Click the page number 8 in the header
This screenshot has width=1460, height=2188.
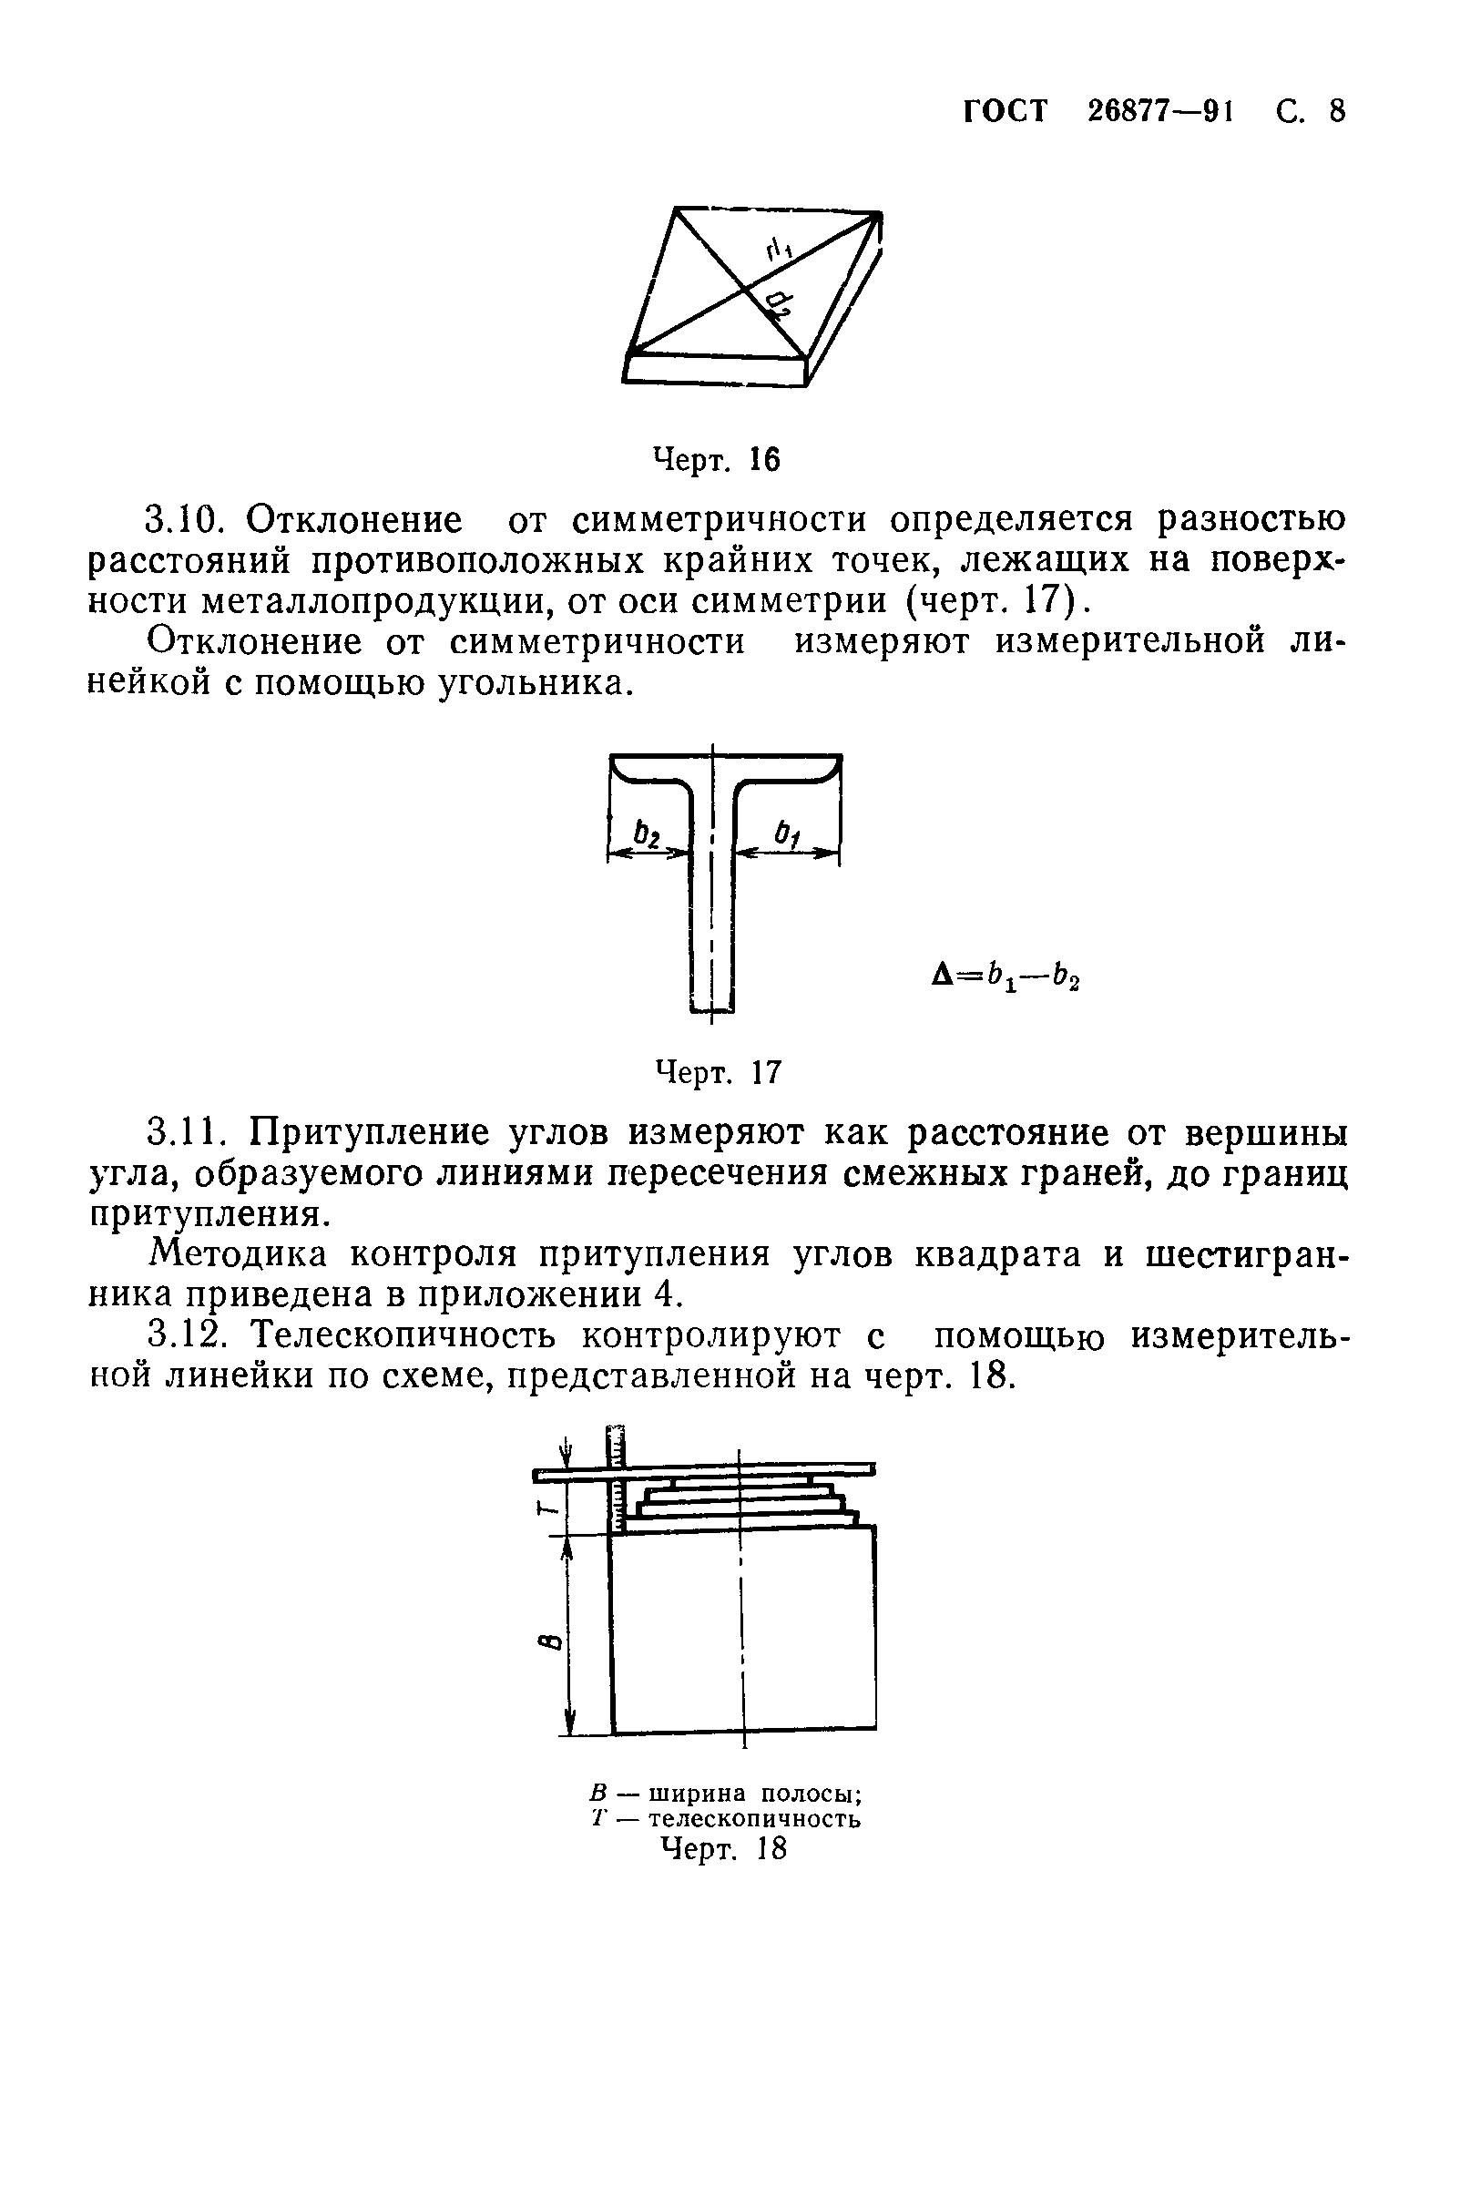[1336, 112]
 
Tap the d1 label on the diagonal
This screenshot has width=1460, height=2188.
[779, 249]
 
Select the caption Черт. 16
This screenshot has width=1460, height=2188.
[716, 459]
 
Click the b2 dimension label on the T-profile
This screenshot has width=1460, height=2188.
[645, 833]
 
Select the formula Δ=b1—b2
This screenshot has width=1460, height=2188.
[1006, 976]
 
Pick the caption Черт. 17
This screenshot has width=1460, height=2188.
[718, 1071]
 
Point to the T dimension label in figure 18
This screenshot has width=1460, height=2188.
[550, 1511]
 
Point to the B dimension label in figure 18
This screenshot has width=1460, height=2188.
[550, 1641]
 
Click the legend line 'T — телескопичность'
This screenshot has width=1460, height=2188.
[726, 1818]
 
